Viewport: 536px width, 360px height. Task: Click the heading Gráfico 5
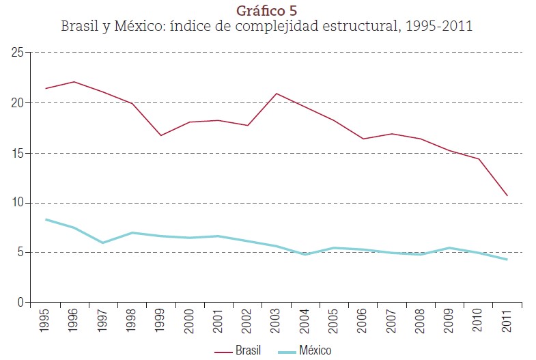point(267,10)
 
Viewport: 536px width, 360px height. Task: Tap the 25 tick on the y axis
point(17,53)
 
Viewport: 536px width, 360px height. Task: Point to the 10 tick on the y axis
point(17,203)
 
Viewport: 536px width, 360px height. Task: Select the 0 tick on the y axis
point(20,303)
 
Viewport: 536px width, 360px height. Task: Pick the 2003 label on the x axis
point(275,322)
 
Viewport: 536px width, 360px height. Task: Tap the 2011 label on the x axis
point(507,322)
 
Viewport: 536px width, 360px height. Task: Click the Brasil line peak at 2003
point(276,94)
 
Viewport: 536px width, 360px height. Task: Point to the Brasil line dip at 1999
point(161,135)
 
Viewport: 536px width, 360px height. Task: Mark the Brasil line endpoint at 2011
point(507,195)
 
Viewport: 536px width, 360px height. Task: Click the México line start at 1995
point(46,219)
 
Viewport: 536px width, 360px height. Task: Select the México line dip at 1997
point(103,243)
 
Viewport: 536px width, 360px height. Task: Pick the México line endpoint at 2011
point(507,260)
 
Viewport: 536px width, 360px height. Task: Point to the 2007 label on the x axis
point(391,322)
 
